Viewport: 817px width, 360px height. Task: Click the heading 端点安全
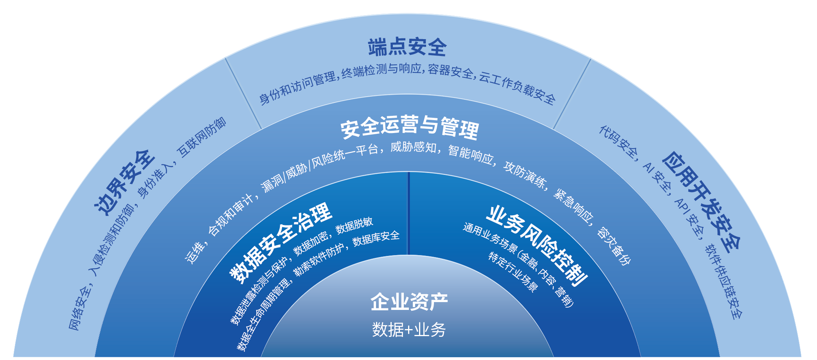click(407, 47)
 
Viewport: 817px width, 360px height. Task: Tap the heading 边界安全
click(125, 182)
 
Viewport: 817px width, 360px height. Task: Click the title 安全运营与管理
click(409, 127)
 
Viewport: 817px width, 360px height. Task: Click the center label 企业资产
click(409, 302)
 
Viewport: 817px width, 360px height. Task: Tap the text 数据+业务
click(409, 329)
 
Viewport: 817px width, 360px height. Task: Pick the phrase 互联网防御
click(202, 137)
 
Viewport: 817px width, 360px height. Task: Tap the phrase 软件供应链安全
click(724, 282)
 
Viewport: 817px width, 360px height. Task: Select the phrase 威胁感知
click(414, 147)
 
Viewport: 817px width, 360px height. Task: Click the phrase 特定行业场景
click(513, 272)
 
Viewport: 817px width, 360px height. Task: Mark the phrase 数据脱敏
click(354, 225)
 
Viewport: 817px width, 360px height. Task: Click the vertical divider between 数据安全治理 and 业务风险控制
click(409, 214)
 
